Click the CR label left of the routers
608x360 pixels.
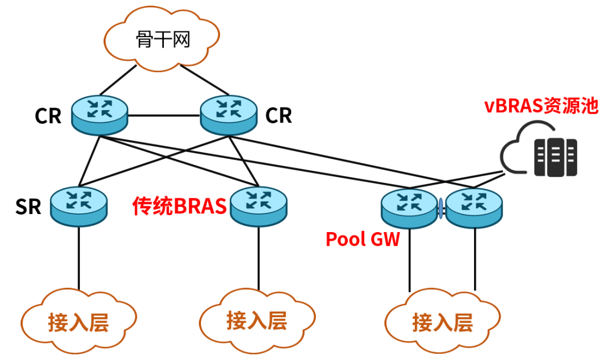point(48,116)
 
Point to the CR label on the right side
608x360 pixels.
point(279,115)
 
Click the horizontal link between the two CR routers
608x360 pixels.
point(164,116)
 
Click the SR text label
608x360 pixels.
point(28,207)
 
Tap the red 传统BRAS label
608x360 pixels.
point(179,207)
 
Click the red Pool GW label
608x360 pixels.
point(363,239)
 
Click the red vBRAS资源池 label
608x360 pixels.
point(541,106)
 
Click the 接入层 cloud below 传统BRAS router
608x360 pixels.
point(257,320)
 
